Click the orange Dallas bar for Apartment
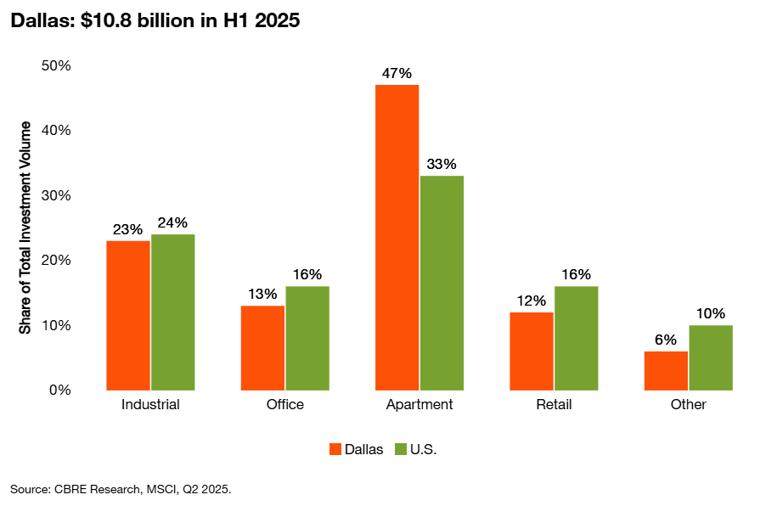[x=397, y=237]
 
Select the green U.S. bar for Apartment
[x=442, y=283]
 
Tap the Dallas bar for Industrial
[x=128, y=315]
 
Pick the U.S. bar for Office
[x=307, y=338]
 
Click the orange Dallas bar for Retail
[x=532, y=351]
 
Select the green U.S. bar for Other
[x=711, y=357]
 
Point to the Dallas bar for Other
[x=666, y=370]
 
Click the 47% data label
[x=397, y=73]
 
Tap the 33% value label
[x=442, y=164]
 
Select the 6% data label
[x=666, y=340]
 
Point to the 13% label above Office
[x=262, y=294]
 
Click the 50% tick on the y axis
[x=56, y=66]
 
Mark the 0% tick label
[x=59, y=391]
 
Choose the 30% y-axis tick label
[x=56, y=196]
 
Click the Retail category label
[x=554, y=404]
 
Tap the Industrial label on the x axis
[x=150, y=404]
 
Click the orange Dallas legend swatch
[x=335, y=449]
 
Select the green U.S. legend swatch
[x=400, y=449]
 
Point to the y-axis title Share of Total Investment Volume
[x=26, y=228]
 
